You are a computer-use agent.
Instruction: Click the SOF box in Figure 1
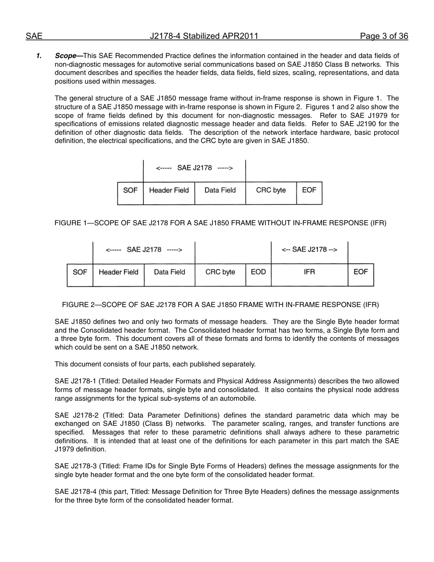[x=130, y=191]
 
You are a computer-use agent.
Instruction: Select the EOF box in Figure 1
[x=309, y=190]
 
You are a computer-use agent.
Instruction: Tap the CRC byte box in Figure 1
[x=271, y=191]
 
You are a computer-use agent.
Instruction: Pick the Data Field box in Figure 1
[x=220, y=191]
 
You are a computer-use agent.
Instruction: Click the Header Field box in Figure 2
[x=118, y=272]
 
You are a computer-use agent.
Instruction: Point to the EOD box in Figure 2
[x=258, y=272]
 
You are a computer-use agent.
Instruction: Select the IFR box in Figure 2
[x=309, y=272]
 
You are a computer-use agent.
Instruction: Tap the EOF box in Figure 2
[x=360, y=272]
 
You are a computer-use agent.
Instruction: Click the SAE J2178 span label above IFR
[x=309, y=249]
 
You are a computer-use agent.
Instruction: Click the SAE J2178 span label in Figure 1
[x=195, y=168]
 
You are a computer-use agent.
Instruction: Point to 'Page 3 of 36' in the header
[x=384, y=37]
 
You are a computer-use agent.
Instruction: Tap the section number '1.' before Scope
[x=39, y=56]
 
